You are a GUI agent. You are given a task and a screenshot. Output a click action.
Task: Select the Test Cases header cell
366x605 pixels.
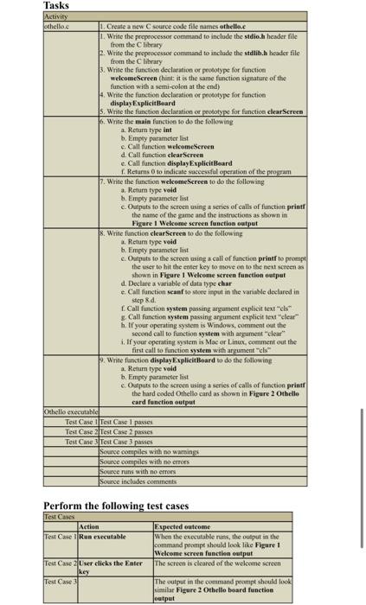(61, 517)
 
